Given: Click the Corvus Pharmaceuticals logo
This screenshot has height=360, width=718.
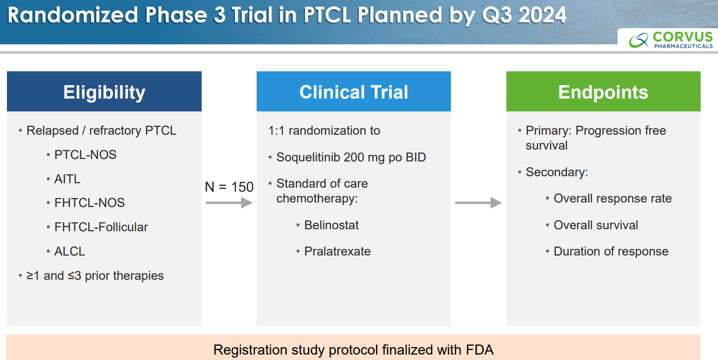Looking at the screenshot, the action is (670, 40).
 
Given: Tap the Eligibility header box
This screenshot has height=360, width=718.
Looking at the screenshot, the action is (104, 91).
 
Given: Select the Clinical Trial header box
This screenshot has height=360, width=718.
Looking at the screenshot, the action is (354, 91).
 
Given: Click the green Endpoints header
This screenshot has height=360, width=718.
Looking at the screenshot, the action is (603, 91).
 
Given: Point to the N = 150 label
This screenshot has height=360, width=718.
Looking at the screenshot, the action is (229, 187).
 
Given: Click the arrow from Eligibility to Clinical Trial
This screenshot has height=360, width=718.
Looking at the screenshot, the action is (229, 203).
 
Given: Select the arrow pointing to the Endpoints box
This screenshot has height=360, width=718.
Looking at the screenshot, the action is (478, 203).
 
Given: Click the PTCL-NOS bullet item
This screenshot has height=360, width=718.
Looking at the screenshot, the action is (85, 154).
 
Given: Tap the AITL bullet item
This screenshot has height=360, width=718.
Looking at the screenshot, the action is (67, 179).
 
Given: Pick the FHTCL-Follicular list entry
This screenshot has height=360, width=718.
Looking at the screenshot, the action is (101, 227).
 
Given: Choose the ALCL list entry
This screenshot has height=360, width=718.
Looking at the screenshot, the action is (69, 252).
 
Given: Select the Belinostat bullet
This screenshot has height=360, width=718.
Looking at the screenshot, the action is (331, 225).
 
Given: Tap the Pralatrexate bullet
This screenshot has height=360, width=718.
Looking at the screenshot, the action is (337, 252).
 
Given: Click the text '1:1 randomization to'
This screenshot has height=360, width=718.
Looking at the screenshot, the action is (324, 131).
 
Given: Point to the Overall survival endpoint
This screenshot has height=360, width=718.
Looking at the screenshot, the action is (596, 225).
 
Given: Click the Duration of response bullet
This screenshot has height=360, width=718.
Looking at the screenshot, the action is (611, 252).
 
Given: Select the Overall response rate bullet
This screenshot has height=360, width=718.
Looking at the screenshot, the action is (612, 199).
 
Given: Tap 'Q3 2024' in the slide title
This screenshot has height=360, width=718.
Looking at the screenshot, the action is (524, 15).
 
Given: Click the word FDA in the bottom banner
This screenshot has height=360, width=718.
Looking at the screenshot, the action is (480, 350).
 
